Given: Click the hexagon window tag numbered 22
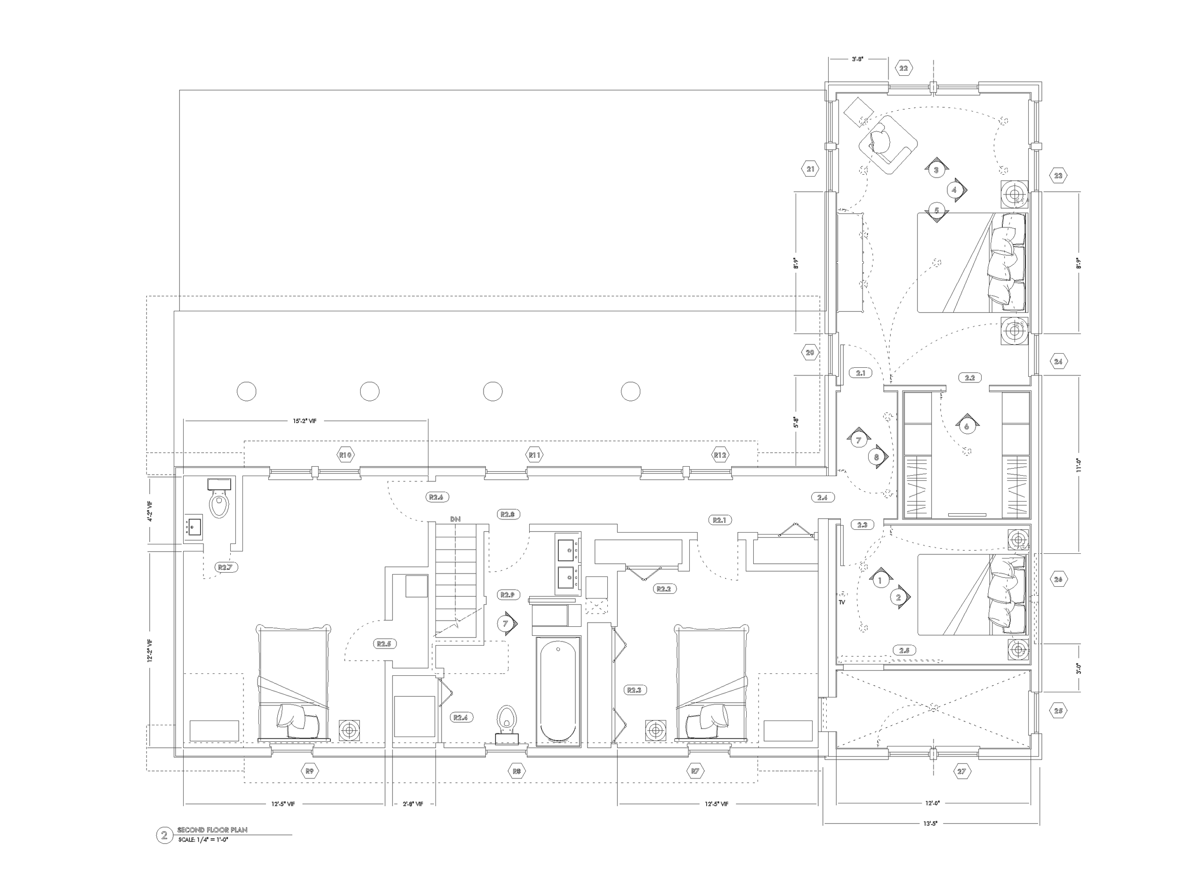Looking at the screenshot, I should tap(903, 68).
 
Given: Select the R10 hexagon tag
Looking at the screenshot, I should tap(346, 455).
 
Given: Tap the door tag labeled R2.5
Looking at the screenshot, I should tap(384, 644).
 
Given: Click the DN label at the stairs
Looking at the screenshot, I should tap(455, 519).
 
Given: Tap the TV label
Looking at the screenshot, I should tap(842, 602).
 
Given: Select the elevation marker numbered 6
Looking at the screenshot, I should tap(967, 426).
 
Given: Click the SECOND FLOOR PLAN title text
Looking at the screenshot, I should tap(212, 830).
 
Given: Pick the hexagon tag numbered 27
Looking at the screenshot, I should tap(961, 772).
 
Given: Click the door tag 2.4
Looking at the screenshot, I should tap(822, 498).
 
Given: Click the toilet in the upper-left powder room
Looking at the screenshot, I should tap(219, 502).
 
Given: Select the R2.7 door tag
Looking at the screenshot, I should tap(225, 567).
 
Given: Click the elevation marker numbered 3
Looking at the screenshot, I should tap(936, 170).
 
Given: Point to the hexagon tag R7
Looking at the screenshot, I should tap(695, 771).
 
